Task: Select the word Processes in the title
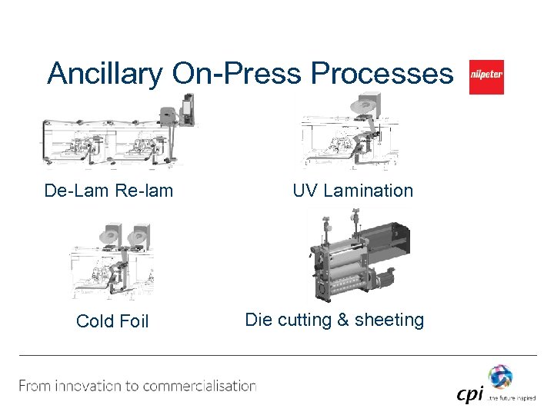382,75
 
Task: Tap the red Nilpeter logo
486,78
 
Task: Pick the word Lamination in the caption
368,191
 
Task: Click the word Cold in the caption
95,321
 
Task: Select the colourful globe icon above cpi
500,377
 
